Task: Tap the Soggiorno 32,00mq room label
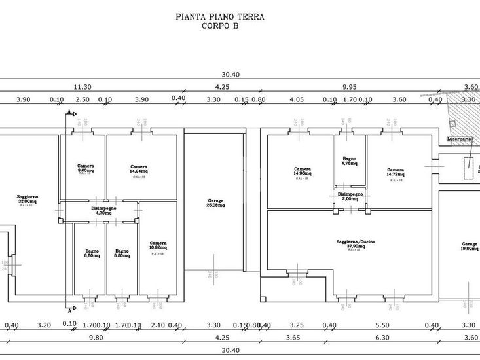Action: pyautogui.click(x=27, y=199)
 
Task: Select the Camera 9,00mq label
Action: pyautogui.click(x=84, y=168)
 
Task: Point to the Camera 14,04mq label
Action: pyautogui.click(x=138, y=168)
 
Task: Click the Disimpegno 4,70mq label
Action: pyautogui.click(x=103, y=210)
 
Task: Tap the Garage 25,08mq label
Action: pyautogui.click(x=215, y=202)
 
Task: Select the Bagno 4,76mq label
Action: pyautogui.click(x=349, y=161)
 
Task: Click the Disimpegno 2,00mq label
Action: pyautogui.click(x=349, y=196)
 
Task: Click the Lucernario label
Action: pyautogui.click(x=458, y=139)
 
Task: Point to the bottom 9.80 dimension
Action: pyautogui.click(x=96, y=338)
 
